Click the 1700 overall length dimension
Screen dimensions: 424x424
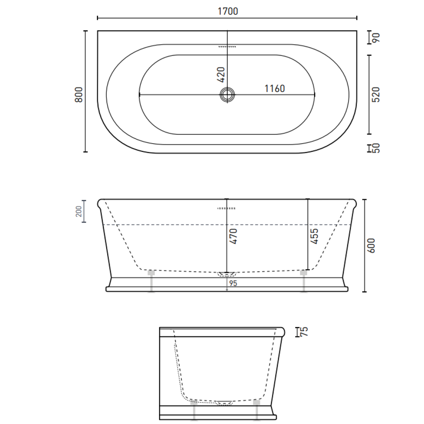[x=228, y=11]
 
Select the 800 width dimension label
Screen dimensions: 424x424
[x=79, y=94]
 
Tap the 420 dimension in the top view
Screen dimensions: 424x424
[x=221, y=74]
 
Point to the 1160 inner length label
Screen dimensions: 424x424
[x=275, y=89]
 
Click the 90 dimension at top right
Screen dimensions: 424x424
[x=376, y=38]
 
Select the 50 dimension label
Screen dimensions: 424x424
[x=376, y=148]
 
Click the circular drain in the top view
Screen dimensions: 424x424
[x=227, y=94]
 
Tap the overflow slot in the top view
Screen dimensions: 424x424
[x=227, y=47]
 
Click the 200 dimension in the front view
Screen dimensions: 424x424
[x=79, y=212]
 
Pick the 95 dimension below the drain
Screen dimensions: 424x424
[x=232, y=283]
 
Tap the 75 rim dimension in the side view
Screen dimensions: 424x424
[x=304, y=331]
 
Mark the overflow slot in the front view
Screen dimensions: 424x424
[x=226, y=208]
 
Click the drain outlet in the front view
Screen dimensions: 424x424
[x=226, y=274]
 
